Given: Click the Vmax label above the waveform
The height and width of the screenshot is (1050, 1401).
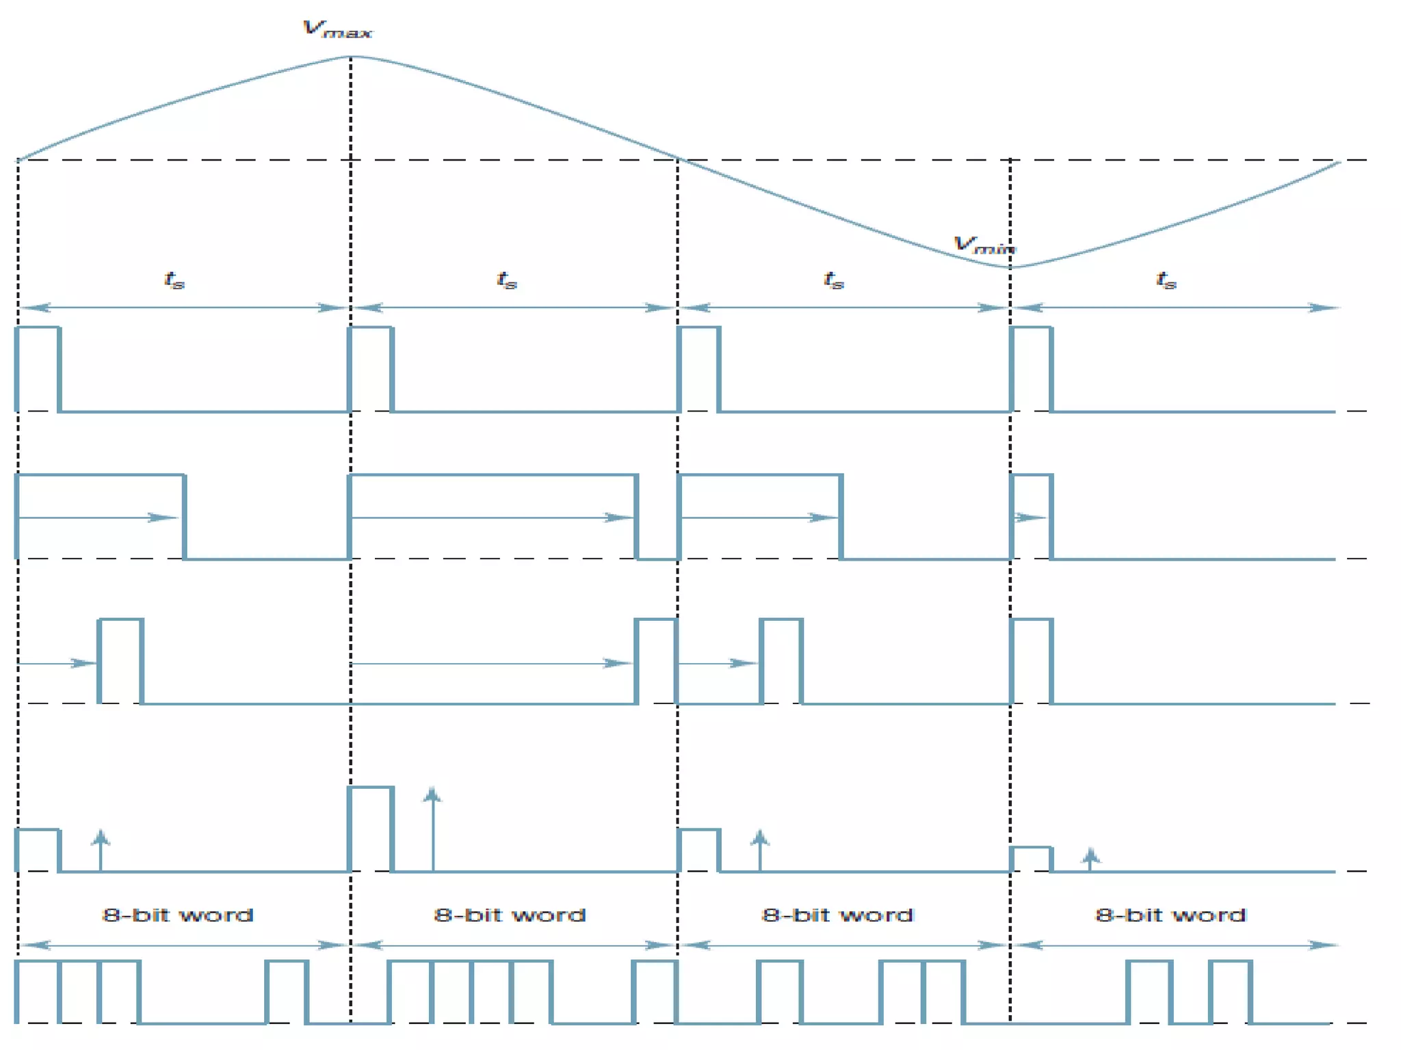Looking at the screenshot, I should pos(337,29).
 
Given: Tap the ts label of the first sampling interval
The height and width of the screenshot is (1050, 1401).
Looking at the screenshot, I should pos(174,280).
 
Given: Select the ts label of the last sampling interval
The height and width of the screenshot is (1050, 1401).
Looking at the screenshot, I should pos(1166,280).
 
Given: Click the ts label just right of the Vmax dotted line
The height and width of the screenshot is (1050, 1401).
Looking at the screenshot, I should pos(507,280).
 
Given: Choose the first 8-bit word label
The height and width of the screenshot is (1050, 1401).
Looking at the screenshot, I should pos(178,915).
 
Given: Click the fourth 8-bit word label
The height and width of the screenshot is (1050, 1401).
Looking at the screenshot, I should pos(1170,915).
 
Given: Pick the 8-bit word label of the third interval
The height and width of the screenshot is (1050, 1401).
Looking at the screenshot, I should pos(837,915).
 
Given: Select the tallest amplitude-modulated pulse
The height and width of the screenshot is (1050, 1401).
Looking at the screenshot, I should pos(371,829).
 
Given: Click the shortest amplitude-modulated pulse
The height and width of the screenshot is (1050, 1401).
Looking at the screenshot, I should pos(1031,859).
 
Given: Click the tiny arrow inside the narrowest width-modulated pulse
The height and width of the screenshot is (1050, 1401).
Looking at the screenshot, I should pos(1030,517).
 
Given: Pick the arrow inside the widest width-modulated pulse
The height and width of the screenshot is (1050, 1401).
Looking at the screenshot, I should pos(493,517).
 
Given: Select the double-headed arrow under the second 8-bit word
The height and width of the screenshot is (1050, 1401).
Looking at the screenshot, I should pos(513,945).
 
